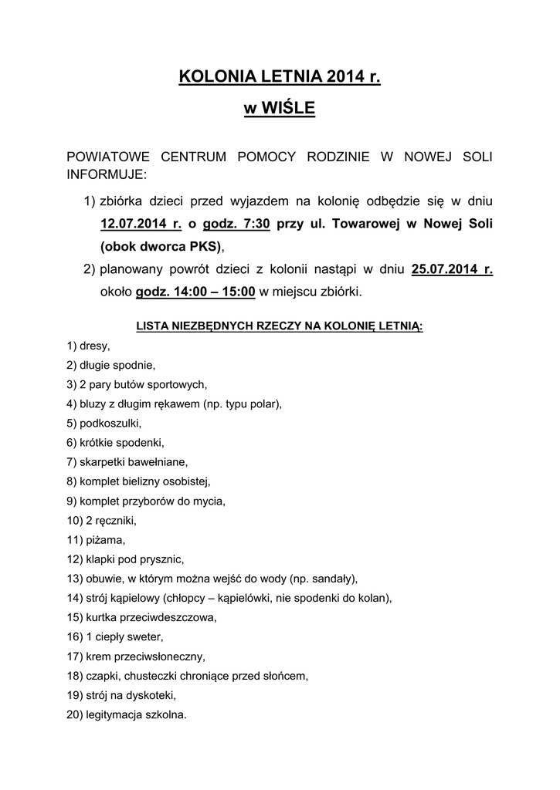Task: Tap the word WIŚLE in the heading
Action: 289,109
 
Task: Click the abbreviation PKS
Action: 204,247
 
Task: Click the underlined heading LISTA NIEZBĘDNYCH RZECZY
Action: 279,326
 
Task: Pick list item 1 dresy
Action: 89,346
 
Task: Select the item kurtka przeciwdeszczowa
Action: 142,617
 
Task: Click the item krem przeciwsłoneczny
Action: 137,657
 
